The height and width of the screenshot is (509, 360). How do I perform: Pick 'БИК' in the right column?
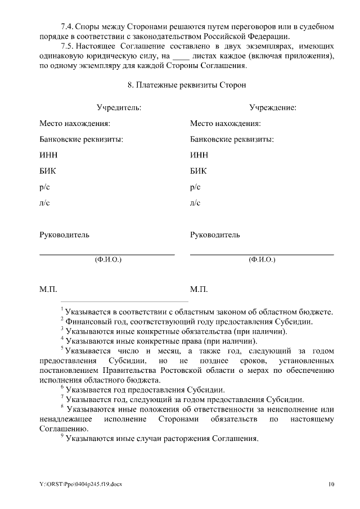click(199, 171)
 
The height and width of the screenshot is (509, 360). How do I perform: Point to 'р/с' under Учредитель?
click(44, 187)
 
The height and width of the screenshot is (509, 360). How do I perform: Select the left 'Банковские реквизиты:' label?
click(81, 139)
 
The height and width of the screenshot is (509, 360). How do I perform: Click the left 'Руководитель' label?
click(64, 235)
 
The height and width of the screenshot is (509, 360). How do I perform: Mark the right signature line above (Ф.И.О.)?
click(262, 255)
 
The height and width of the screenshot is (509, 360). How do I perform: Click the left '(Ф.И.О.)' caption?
click(107, 260)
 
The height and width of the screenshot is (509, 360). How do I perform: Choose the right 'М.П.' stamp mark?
click(199, 290)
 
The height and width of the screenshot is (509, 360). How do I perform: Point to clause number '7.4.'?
click(68, 26)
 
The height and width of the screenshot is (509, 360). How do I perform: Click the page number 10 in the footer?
click(331, 484)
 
